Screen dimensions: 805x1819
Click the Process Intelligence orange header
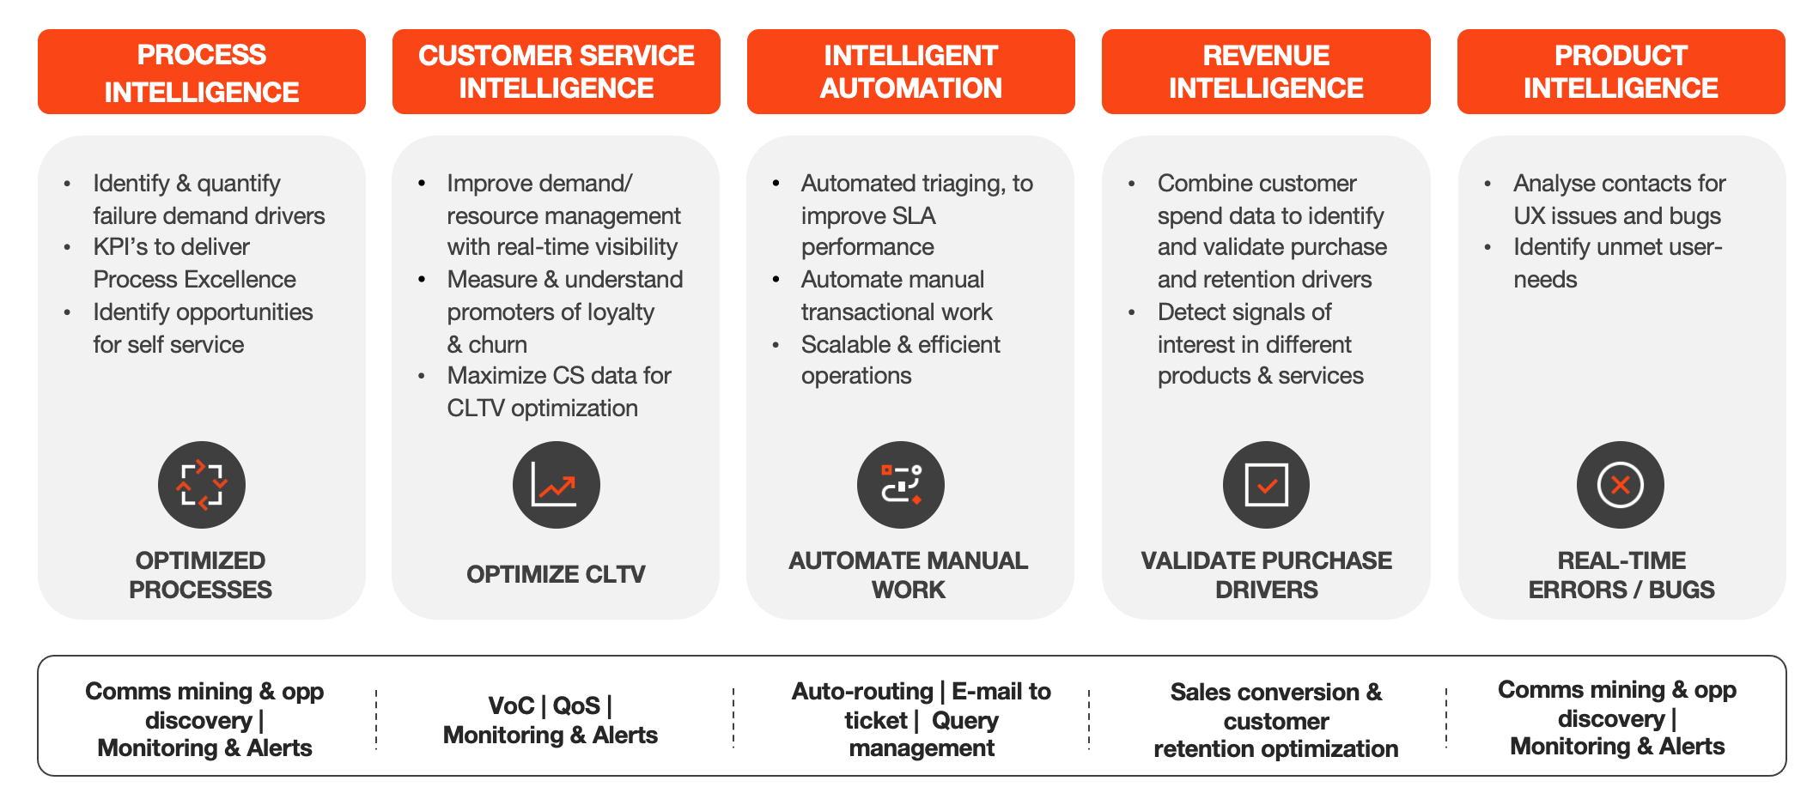point(202,72)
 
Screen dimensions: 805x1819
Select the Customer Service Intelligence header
point(556,72)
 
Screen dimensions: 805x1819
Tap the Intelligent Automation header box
point(910,72)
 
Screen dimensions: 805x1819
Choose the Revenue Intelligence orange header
point(1266,72)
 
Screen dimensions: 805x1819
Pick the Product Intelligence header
point(1621,72)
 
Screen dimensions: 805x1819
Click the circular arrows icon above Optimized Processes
point(202,485)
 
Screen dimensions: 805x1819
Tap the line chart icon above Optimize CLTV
point(556,485)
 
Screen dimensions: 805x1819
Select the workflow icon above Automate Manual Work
point(900,485)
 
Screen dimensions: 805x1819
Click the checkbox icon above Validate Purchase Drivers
point(1266,485)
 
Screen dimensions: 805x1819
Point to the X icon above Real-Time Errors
point(1620,485)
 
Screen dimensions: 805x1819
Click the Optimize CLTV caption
point(556,574)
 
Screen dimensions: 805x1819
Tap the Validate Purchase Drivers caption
point(1266,575)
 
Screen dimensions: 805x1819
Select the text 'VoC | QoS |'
point(550,705)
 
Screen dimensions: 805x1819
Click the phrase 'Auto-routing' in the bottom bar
point(862,692)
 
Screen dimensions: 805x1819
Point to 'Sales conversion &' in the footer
point(1276,693)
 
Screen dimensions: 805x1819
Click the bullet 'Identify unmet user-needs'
point(1617,263)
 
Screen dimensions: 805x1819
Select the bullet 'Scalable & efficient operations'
point(900,360)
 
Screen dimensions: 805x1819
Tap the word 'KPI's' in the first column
point(120,247)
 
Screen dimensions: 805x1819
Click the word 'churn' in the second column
point(498,345)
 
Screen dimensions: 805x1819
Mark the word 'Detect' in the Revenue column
point(1192,312)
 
